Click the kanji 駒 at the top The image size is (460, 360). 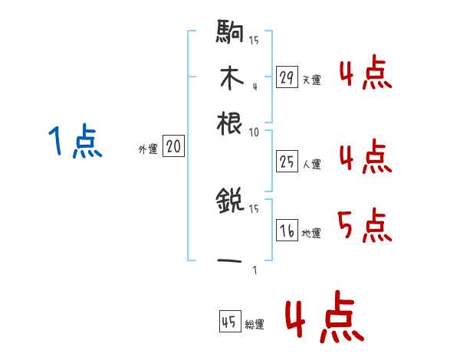230,34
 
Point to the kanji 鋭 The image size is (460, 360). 230,202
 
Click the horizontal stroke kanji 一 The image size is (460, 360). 230,260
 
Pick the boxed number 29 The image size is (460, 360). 287,77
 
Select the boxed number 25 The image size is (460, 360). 287,161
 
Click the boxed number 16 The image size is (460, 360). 287,231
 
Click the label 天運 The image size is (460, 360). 311,80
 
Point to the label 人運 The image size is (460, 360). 311,163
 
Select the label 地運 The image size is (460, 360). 311,233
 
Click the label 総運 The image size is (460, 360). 254,325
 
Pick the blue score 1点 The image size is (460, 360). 75,142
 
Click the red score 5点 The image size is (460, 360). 365,224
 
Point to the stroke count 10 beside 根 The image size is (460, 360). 254,132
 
